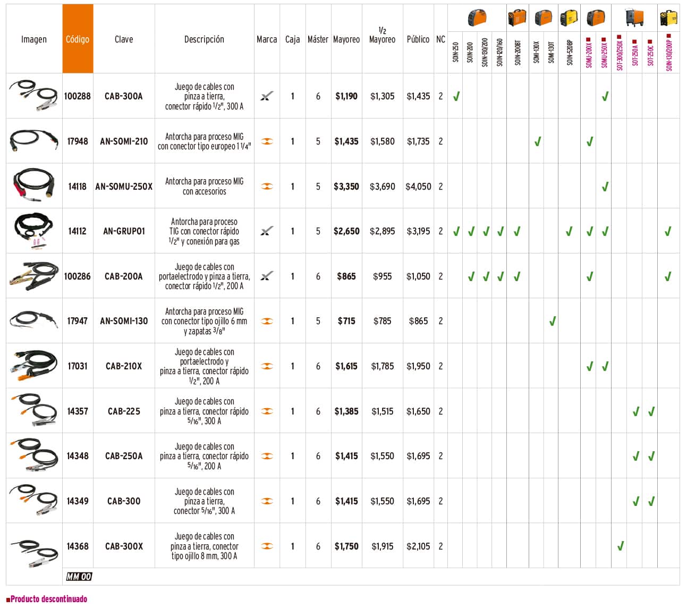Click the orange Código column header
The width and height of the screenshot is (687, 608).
click(x=78, y=39)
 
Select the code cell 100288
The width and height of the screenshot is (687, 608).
click(x=78, y=96)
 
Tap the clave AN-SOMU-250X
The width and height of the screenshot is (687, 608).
click(x=124, y=187)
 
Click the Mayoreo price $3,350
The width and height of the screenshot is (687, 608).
click(x=346, y=187)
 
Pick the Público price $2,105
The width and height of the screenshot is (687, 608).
click(x=418, y=546)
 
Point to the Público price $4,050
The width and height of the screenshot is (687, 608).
click(x=418, y=187)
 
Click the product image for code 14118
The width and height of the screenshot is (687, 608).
click(x=34, y=186)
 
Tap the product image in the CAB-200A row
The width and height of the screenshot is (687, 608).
click(x=34, y=276)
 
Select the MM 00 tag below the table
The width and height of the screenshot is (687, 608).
click(x=79, y=577)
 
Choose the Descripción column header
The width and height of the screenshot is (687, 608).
click(x=204, y=39)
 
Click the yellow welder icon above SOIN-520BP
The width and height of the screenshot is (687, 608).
click(x=570, y=18)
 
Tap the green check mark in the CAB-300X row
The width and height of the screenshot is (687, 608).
click(x=620, y=546)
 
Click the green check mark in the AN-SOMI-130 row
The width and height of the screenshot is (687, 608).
click(x=553, y=320)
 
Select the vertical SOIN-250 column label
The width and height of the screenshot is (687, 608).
click(x=455, y=53)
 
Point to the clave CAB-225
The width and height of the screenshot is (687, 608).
click(x=124, y=411)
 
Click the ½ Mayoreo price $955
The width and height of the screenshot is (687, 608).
click(x=383, y=276)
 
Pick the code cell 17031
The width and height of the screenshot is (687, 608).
click(x=78, y=366)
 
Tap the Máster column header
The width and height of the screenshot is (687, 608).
click(x=318, y=39)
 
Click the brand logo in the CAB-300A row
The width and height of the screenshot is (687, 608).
click(x=267, y=96)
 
